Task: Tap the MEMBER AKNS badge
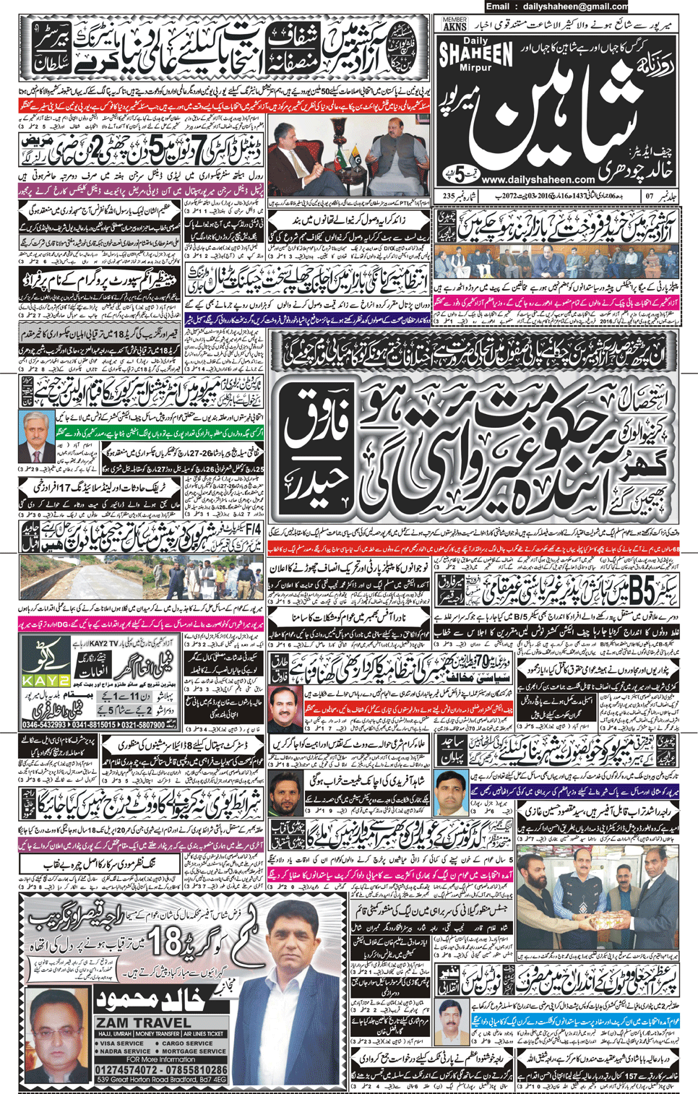point(454,24)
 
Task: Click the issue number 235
point(449,196)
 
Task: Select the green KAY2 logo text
point(45,680)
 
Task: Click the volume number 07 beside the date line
point(649,196)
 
